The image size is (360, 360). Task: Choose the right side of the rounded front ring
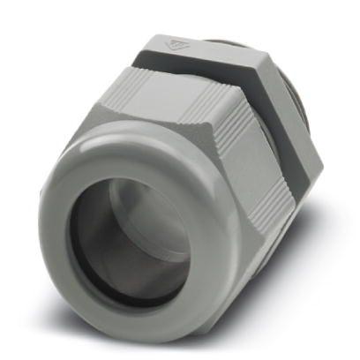pyautogui.click(x=216, y=256)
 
